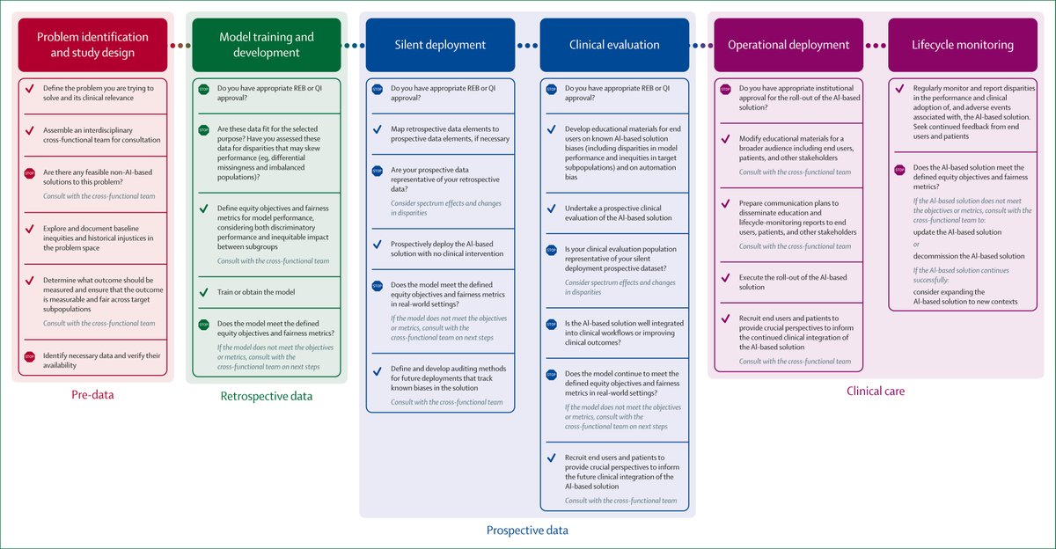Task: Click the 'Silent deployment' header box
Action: (x=440, y=45)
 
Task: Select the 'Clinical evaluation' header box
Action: (x=614, y=45)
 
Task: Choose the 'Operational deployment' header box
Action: (x=788, y=45)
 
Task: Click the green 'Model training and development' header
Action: (x=265, y=45)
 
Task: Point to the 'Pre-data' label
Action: (x=92, y=395)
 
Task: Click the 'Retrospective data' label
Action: (x=266, y=397)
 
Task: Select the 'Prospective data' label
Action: (x=527, y=531)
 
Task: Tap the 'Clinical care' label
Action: (x=876, y=391)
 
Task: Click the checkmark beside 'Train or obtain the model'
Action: (x=203, y=291)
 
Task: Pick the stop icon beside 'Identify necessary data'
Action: (x=30, y=355)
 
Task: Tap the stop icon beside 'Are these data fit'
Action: (x=203, y=129)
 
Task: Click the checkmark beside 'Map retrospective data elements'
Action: (x=378, y=129)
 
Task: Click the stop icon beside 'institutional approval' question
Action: (x=726, y=89)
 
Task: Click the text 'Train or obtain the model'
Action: (x=255, y=291)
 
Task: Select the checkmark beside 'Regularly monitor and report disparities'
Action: (x=899, y=89)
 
